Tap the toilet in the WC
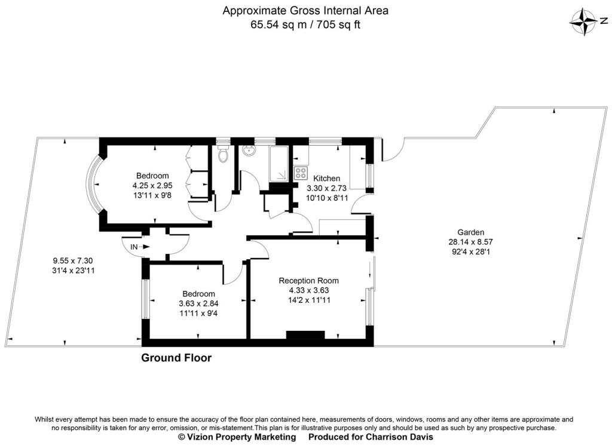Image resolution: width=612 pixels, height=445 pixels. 224,155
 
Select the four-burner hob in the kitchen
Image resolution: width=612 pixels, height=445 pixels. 301,174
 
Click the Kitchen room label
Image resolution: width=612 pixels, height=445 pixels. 327,178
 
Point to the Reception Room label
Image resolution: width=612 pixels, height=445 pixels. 308,280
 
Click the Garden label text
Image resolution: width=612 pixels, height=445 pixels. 470,232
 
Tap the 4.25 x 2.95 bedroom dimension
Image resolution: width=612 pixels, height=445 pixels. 152,185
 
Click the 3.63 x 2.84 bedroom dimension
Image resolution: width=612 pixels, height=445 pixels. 198,303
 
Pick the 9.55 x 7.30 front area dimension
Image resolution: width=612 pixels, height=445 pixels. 73,260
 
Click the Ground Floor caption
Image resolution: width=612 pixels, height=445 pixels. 176,358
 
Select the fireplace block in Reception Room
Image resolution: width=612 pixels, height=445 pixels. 305,335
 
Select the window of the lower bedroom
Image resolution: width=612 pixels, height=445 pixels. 145,299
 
